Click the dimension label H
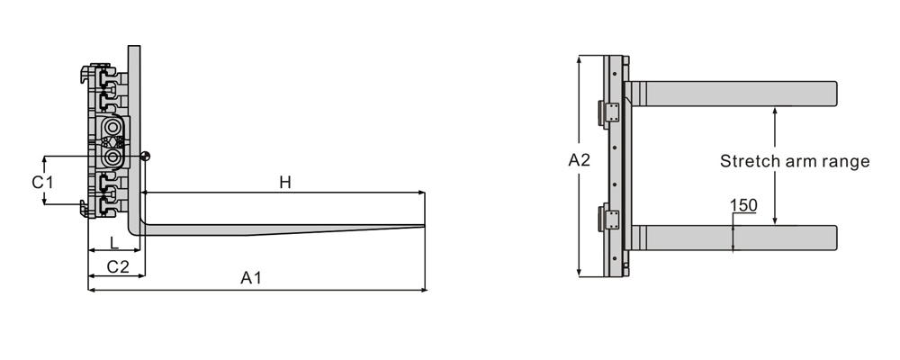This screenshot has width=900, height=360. (x=285, y=183)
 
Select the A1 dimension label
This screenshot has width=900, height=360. (x=251, y=278)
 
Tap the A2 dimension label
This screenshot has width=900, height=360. (x=579, y=160)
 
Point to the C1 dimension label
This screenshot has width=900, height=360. (x=42, y=183)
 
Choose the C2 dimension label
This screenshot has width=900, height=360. (x=118, y=266)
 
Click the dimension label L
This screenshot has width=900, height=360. (x=114, y=243)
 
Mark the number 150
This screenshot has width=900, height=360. (x=744, y=205)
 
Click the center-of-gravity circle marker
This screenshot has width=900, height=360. (x=146, y=156)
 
